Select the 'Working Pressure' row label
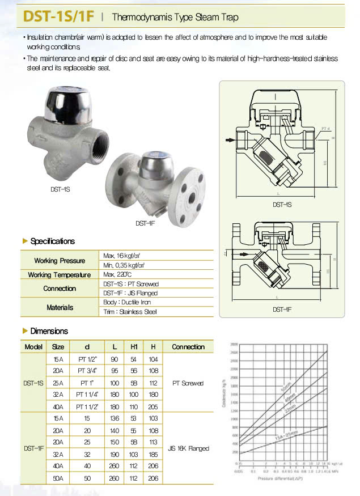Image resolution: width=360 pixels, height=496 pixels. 59,261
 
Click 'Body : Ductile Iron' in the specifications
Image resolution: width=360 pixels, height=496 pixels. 127,302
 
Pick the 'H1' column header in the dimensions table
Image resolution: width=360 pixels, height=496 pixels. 134,346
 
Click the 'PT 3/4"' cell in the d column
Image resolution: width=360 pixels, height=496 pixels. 87,371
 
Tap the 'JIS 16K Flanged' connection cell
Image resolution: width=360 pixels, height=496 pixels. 188,448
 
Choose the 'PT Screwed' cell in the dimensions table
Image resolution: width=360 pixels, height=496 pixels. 188,383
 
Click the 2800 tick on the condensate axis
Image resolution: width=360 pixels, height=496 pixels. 234,345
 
